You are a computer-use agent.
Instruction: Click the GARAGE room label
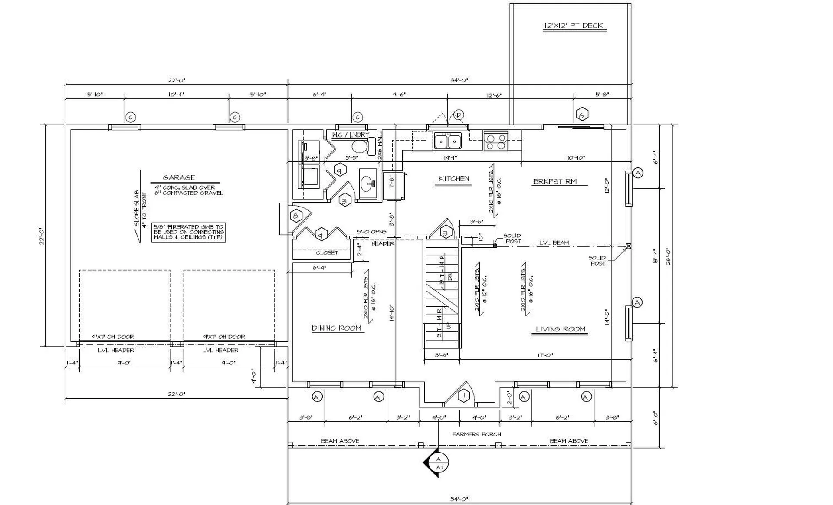coord(179,177)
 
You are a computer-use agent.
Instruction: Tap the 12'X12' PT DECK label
coord(574,26)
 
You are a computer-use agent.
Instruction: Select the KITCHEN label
coord(453,179)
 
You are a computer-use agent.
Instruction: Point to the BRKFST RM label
coord(554,182)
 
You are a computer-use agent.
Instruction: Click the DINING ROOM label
coord(336,328)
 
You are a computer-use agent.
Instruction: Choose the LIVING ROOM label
coord(560,329)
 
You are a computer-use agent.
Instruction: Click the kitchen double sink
coord(447,141)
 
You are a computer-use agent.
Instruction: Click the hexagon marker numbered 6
coord(582,115)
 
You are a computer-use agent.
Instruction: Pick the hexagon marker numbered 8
coord(296,216)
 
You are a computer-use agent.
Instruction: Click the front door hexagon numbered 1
coord(464,396)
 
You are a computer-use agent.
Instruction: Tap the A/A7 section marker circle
coord(439,463)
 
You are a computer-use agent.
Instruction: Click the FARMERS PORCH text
coord(476,434)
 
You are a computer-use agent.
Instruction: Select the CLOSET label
coord(327,252)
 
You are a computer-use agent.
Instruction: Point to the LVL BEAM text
coord(554,243)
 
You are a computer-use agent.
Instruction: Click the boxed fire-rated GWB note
coord(189,232)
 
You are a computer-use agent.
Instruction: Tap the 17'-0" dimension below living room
coord(545,355)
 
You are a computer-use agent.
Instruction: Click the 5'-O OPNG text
coord(371,232)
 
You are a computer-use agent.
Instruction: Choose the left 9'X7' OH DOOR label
coord(113,337)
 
